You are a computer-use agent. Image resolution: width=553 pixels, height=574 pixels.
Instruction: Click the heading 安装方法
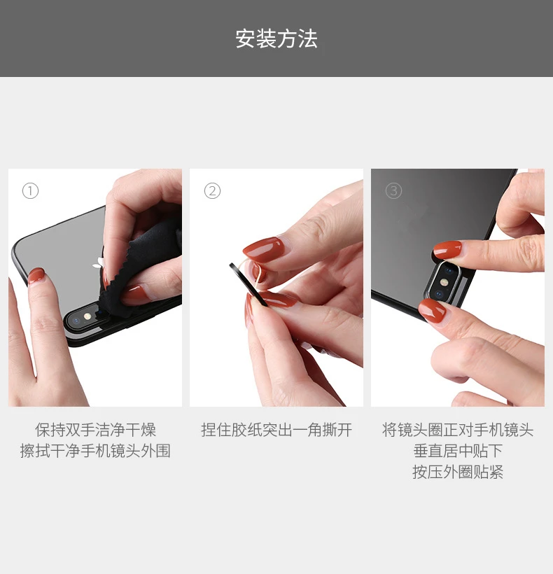276,38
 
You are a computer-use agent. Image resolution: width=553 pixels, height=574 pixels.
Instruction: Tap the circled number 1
30,190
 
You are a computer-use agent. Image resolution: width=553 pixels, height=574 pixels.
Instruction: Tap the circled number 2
212,190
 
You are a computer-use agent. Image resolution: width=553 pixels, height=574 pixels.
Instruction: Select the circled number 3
394,190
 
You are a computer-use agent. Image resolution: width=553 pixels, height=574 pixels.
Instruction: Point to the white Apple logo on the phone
99,263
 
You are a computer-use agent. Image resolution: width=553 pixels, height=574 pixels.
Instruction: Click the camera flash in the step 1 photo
87,316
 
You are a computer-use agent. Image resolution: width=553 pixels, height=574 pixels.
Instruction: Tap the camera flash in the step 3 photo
444,282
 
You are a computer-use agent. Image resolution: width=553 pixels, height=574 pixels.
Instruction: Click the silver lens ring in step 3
429,286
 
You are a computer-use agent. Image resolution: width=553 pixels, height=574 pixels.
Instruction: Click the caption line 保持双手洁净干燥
95,430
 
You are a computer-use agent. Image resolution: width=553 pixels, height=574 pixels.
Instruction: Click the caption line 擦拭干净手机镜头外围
95,451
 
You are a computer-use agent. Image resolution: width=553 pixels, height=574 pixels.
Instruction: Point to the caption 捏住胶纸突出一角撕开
276,430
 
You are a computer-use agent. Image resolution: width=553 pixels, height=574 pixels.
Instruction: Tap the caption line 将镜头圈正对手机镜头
458,430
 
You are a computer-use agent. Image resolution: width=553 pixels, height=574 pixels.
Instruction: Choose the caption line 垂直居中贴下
458,451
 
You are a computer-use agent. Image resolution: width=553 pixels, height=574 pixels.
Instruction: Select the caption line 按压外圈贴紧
458,472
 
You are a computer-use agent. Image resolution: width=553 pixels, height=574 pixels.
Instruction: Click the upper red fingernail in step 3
447,250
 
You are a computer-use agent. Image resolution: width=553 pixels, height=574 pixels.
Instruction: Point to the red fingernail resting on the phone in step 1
36,276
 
